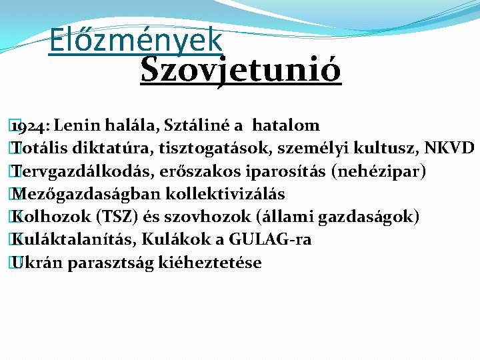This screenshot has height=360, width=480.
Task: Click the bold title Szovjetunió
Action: tap(241, 69)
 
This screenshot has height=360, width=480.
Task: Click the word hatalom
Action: tap(287, 125)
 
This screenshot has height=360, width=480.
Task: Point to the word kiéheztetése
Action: tap(211, 263)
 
